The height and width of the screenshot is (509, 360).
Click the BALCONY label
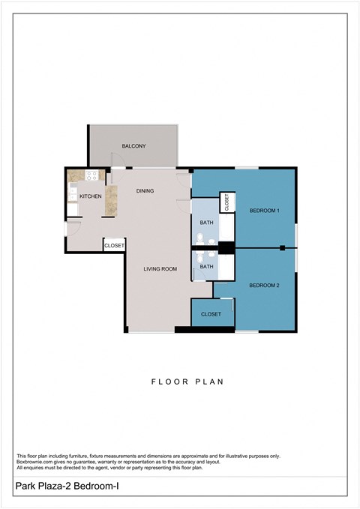[133, 145]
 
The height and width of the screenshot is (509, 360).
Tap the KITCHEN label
[90, 196]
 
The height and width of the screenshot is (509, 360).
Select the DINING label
[145, 190]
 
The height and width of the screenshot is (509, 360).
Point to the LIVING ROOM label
[160, 268]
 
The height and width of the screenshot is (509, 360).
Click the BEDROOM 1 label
[264, 211]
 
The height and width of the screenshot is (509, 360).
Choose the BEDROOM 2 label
[264, 285]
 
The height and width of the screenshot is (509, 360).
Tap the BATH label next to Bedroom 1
[205, 223]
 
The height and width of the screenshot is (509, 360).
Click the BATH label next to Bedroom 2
[205, 266]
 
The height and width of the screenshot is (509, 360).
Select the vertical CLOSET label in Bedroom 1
[225, 202]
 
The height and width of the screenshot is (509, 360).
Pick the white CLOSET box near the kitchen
[114, 245]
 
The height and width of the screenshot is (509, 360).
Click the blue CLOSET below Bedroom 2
[211, 314]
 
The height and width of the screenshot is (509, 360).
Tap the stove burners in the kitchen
[91, 176]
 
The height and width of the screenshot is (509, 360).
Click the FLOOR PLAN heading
[187, 382]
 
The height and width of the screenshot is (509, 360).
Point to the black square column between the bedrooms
[282, 248]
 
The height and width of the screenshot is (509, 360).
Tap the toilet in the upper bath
[211, 241]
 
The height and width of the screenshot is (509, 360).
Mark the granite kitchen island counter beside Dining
[111, 200]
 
